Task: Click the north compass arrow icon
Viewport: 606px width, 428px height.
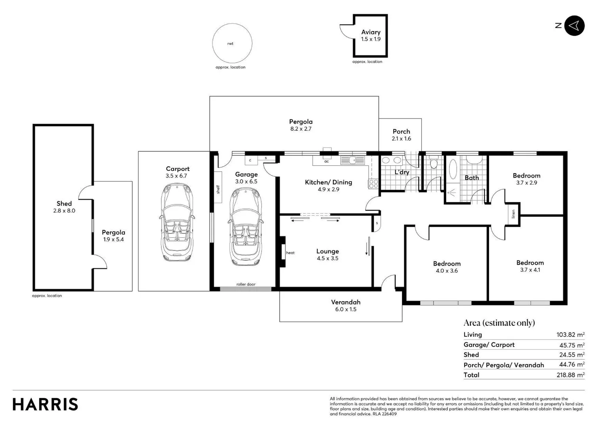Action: [x=574, y=26]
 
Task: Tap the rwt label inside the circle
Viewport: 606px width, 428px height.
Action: [x=230, y=44]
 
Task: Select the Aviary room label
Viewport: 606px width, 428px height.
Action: [x=371, y=32]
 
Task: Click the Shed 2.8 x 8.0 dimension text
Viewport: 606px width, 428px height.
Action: [x=64, y=210]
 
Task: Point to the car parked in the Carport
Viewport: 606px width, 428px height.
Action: [x=177, y=222]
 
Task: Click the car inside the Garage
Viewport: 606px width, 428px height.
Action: [x=246, y=227]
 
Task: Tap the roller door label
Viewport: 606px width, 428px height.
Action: [x=246, y=284]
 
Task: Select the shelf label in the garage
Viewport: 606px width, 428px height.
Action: [x=218, y=189]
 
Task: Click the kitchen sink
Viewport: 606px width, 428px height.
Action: [x=352, y=160]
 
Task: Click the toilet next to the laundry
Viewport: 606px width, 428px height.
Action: [x=434, y=162]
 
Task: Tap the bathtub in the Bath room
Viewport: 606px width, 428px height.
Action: [x=453, y=169]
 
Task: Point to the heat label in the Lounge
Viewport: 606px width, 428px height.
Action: [x=290, y=253]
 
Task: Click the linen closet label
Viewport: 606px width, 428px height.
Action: [x=513, y=214]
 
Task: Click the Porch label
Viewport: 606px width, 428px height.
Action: [x=401, y=132]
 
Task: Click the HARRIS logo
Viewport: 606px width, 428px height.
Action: [x=45, y=404]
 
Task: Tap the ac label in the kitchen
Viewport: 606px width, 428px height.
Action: [x=327, y=161]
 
